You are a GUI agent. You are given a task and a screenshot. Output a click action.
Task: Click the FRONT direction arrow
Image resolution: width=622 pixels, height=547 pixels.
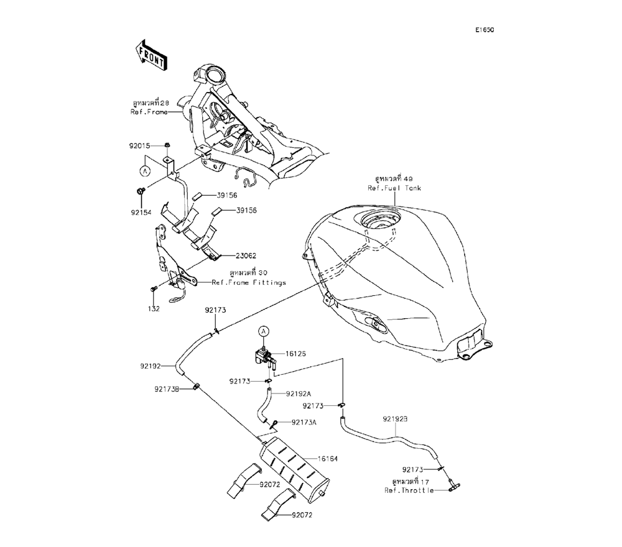point(150,54)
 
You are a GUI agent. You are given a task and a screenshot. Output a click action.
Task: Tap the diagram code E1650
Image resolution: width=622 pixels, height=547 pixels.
point(485,30)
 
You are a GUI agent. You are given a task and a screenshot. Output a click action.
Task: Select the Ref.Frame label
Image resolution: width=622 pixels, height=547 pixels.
point(149,113)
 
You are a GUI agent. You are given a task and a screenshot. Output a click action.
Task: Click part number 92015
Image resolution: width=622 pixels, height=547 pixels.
point(140,147)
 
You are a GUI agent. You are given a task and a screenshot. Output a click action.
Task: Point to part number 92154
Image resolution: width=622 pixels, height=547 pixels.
point(141,211)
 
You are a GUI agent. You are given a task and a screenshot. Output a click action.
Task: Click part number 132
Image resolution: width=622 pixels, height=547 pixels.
point(154,308)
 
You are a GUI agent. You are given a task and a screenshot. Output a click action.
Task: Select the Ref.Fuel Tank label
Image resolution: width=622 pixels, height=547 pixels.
point(394,188)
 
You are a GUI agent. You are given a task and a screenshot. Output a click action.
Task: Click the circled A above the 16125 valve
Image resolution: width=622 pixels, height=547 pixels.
point(263,331)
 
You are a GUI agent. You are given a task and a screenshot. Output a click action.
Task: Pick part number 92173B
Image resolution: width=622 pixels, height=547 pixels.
point(167,389)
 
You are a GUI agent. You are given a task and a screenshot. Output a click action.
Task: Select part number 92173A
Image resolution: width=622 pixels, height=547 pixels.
point(304,422)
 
